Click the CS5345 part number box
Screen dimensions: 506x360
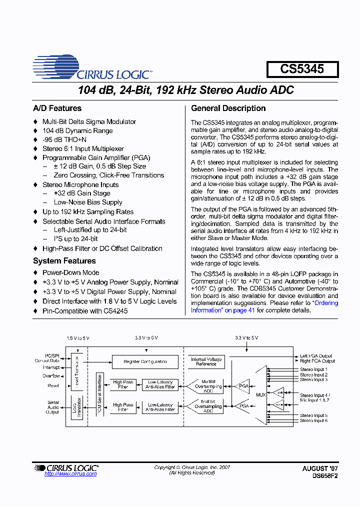tap(302, 69)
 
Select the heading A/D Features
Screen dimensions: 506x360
tap(57, 108)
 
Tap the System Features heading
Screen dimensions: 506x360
tap(64, 261)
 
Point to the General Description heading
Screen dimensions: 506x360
tap(228, 108)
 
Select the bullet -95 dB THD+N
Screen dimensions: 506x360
tap(64, 140)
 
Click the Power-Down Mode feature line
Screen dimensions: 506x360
tap(70, 273)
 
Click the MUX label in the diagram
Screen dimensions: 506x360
tap(260, 395)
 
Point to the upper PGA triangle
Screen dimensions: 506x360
tap(243, 386)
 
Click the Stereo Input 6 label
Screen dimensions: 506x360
tap(313, 421)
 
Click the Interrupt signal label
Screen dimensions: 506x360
tap(51, 367)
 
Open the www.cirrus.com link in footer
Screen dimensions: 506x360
tap(70, 474)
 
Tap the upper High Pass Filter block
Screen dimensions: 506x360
tap(123, 384)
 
